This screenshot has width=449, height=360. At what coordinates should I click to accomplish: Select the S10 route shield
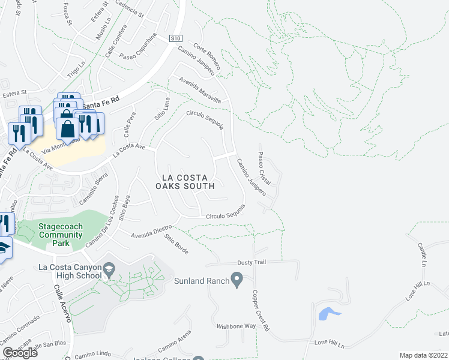(175, 38)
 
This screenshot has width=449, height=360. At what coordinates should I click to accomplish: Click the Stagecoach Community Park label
(61, 231)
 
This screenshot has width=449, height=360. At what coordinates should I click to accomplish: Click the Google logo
(20, 353)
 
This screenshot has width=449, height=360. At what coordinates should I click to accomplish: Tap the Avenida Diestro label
(151, 230)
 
